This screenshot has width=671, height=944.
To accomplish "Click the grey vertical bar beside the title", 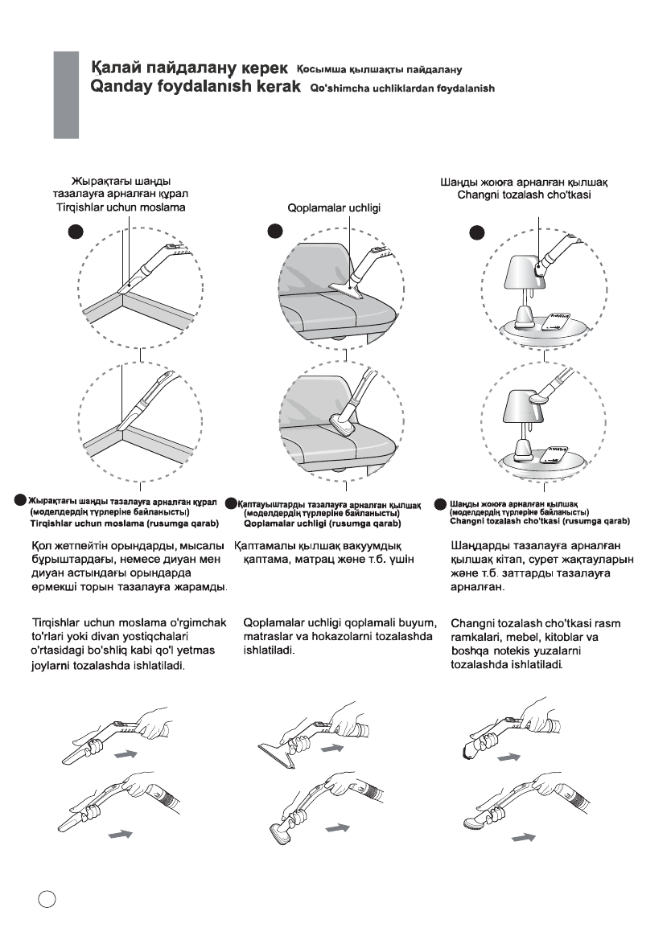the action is click(67, 95).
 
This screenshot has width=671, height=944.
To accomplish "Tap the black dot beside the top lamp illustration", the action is click(478, 232).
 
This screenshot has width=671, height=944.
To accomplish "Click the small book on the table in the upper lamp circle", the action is click(558, 319).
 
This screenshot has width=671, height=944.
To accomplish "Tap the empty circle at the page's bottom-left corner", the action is click(46, 899).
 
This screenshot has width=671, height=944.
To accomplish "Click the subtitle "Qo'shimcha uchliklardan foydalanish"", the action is click(402, 88).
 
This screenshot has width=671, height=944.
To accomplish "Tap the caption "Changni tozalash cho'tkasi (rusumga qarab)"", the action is click(540, 522).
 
